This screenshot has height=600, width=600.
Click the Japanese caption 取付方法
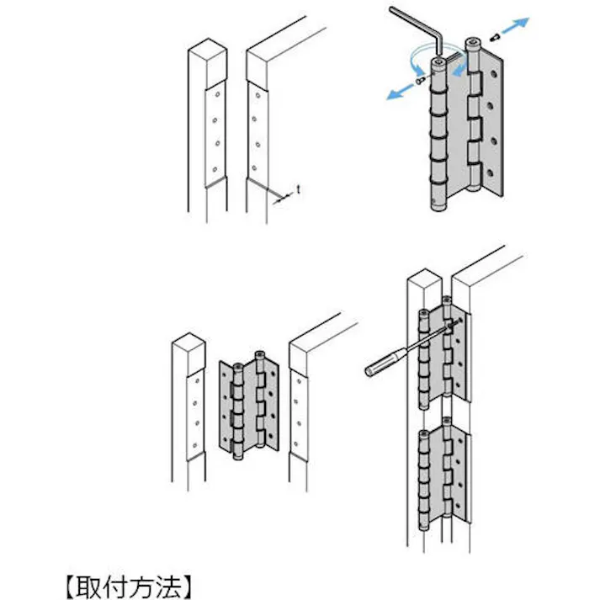coord(130,583)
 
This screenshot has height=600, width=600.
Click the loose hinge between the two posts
coord(249,403)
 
